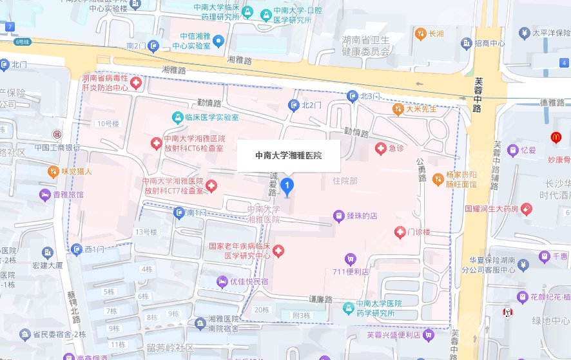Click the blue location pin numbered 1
[289, 187]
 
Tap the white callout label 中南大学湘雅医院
[288, 155]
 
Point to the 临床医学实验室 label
[207, 117]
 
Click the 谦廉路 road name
[320, 299]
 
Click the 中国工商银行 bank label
[57, 147]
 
